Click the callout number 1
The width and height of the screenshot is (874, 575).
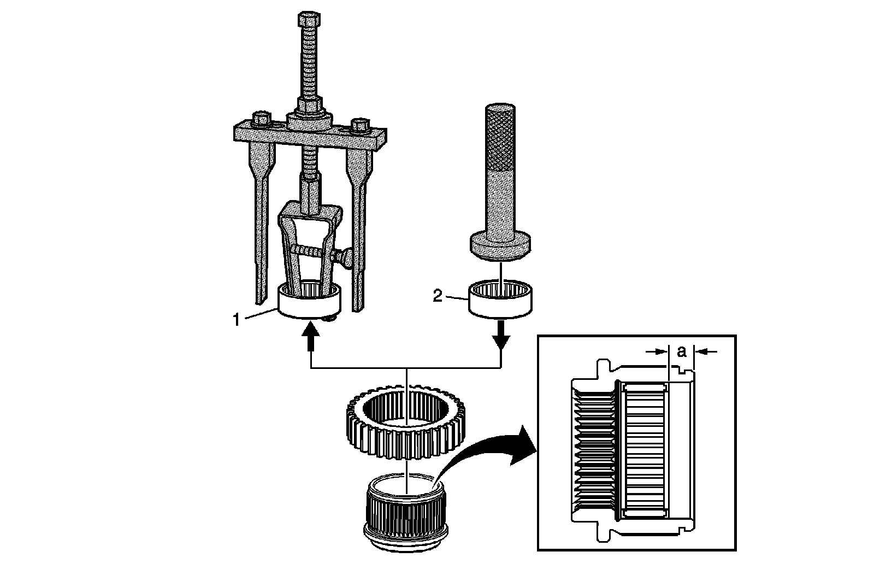point(236,320)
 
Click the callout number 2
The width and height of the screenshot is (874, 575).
point(438,296)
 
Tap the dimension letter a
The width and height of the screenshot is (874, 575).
point(681,351)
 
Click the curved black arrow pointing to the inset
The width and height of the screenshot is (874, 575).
point(484,457)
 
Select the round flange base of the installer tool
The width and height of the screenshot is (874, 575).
point(500,245)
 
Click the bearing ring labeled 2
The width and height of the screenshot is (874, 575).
point(500,300)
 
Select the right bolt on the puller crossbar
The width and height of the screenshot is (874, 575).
point(360,126)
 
